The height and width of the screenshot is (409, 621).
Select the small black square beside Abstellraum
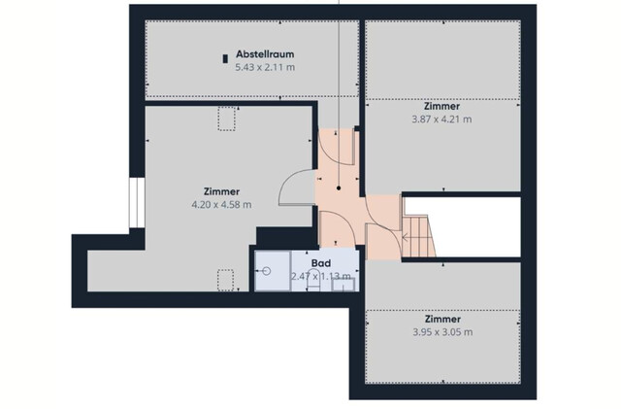click(x=225, y=57)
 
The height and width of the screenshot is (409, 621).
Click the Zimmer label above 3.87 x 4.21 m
click(x=441, y=106)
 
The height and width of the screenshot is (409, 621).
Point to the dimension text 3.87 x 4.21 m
click(x=441, y=119)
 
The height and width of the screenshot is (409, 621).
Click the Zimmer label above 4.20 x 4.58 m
click(x=222, y=191)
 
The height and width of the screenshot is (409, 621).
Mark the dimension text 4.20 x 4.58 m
click(x=222, y=205)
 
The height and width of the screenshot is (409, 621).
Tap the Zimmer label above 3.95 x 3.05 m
click(x=441, y=319)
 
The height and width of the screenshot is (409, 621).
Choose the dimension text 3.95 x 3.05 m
click(x=441, y=332)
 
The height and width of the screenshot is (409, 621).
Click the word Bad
click(x=320, y=263)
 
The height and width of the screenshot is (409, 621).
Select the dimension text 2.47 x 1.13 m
click(x=320, y=277)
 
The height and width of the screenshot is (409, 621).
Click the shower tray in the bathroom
click(x=272, y=271)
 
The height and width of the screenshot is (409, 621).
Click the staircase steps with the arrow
click(x=417, y=237)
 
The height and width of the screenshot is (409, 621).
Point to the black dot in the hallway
click(x=338, y=187)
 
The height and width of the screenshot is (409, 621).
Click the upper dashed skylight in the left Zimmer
click(x=229, y=119)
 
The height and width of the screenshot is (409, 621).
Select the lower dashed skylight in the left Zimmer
click(x=227, y=280)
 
